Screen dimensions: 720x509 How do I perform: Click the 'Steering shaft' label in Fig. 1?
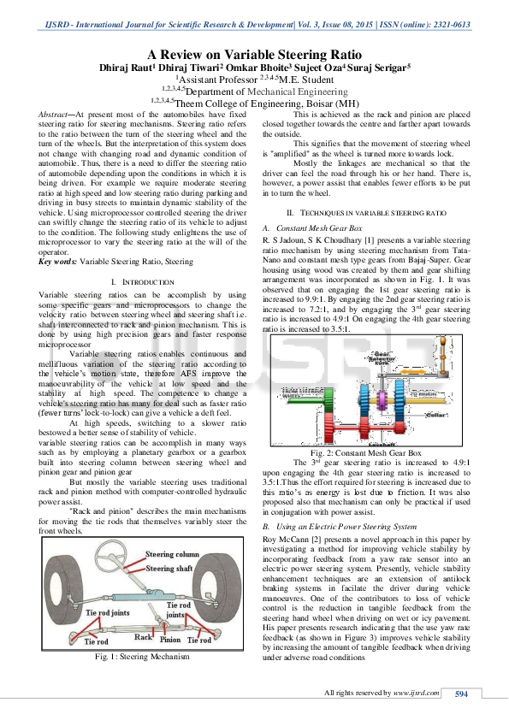tap(169, 568)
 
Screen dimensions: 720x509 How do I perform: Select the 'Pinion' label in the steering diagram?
tap(169, 638)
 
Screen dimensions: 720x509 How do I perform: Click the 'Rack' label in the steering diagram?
tap(143, 637)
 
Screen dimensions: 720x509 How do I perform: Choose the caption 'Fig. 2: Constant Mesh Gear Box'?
tap(365, 451)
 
